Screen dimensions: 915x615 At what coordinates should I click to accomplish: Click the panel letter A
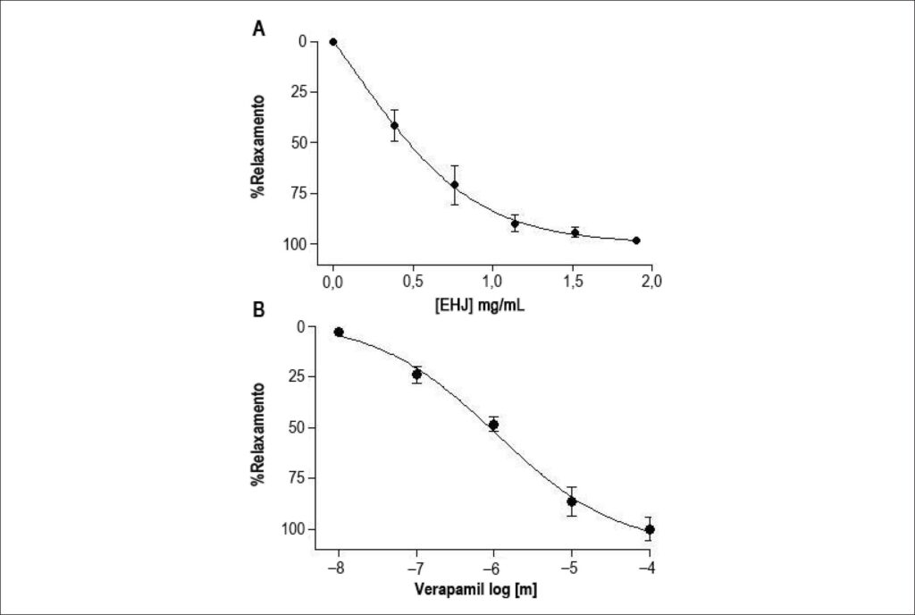pyautogui.click(x=258, y=28)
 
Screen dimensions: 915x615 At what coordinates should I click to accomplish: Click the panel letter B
pyautogui.click(x=258, y=310)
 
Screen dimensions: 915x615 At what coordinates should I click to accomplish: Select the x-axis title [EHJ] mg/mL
pyautogui.click(x=479, y=305)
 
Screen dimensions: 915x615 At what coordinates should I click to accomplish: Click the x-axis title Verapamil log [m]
pyautogui.click(x=475, y=589)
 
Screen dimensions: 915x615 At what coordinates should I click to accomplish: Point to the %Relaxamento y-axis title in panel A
pyautogui.click(x=258, y=146)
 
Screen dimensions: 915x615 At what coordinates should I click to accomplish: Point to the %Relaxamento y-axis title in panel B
pyautogui.click(x=258, y=434)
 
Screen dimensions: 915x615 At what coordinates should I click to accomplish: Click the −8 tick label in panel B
pyautogui.click(x=336, y=569)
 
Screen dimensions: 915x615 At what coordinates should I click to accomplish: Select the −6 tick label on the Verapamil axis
pyautogui.click(x=492, y=569)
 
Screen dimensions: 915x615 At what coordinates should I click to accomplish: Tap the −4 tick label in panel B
pyautogui.click(x=648, y=569)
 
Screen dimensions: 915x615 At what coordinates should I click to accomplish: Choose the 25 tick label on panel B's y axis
pyautogui.click(x=298, y=376)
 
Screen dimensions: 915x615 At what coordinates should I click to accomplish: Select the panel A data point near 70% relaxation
pyautogui.click(x=455, y=185)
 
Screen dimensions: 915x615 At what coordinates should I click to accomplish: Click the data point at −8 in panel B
pyautogui.click(x=339, y=332)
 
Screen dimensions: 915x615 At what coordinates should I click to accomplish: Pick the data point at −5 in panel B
pyautogui.click(x=572, y=501)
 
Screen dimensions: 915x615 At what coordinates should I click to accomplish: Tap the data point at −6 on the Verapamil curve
pyautogui.click(x=493, y=425)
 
